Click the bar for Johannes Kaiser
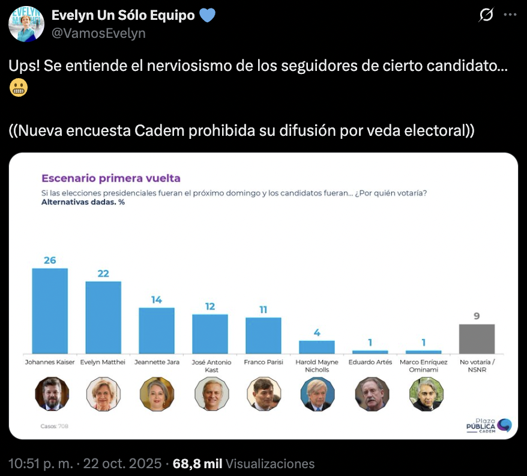point(50,311)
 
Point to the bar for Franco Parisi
point(263,335)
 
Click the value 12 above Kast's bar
point(210,307)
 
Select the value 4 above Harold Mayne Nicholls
point(317,333)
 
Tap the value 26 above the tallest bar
point(50,260)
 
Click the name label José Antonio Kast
point(210,366)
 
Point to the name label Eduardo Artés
point(370,362)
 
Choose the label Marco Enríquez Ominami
point(424,366)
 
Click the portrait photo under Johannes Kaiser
point(52,394)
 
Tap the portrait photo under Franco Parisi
point(263,394)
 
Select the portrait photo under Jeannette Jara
point(157,394)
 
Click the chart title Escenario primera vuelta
point(110,178)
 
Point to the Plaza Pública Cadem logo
point(489,426)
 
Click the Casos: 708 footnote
point(53,426)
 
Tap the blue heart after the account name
point(207,15)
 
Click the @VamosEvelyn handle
point(98,33)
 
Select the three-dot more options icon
point(509,15)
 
